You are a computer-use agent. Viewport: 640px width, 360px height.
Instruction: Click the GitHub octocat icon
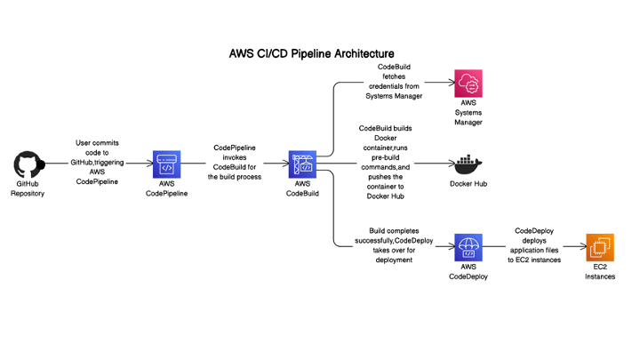pos(28,164)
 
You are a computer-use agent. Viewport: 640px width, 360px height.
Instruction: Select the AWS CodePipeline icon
pos(166,164)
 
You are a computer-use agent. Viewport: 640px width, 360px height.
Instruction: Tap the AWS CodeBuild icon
pos(303,164)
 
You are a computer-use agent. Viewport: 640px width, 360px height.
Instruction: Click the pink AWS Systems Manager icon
pos(468,84)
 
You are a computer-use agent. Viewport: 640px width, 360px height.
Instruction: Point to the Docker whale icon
pos(468,164)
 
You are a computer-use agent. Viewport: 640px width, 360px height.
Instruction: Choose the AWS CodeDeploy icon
pos(468,246)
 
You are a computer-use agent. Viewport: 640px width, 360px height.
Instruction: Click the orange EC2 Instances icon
pos(599,246)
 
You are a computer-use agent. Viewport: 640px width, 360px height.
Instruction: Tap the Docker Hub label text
pos(468,185)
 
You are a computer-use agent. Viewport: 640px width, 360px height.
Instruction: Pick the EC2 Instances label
pos(599,271)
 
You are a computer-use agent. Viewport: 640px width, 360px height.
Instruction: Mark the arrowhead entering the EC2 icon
pos(581,246)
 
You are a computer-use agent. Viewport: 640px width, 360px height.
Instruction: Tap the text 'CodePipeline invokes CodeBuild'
pos(235,162)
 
